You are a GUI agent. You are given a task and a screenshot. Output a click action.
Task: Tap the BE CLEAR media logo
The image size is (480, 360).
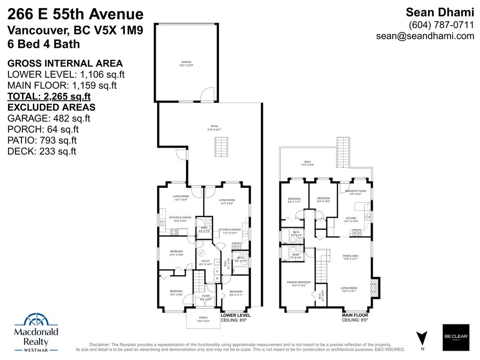pyautogui.click(x=456, y=337)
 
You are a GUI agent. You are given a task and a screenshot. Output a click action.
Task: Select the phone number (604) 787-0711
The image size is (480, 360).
pyautogui.click(x=442, y=25)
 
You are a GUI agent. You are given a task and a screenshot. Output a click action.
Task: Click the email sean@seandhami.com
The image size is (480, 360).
pyautogui.click(x=425, y=36)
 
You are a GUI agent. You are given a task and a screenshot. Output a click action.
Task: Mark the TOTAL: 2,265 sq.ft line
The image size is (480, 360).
pyautogui.click(x=49, y=97)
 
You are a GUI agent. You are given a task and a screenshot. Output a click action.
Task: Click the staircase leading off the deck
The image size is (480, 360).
pyautogui.click(x=343, y=152)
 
